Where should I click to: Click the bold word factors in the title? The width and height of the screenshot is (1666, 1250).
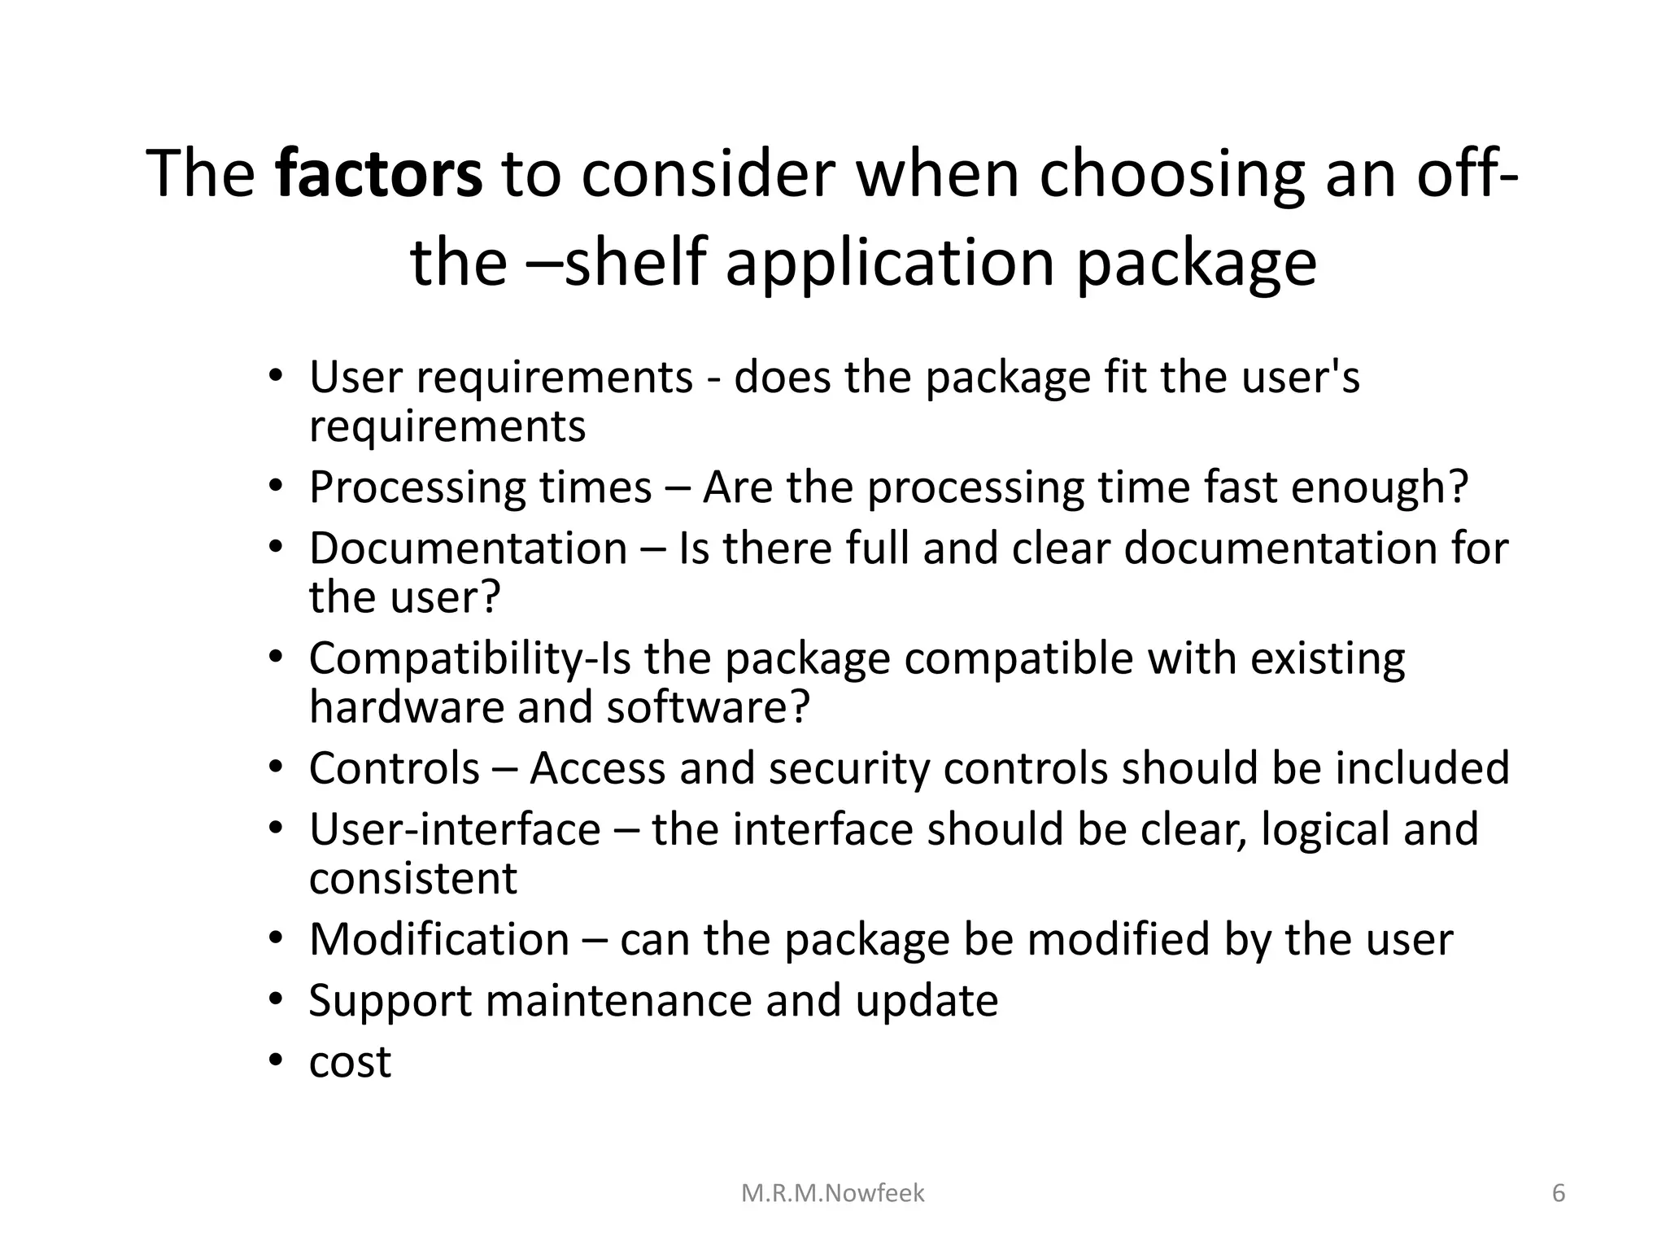coord(378,173)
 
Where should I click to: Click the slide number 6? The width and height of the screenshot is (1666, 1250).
coord(1559,1193)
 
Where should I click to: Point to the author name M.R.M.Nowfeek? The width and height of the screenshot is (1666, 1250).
coord(833,1193)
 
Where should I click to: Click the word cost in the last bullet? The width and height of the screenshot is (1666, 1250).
coord(350,1061)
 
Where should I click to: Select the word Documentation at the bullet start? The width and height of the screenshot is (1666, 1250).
coord(468,548)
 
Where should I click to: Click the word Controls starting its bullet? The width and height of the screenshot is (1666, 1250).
coord(394,767)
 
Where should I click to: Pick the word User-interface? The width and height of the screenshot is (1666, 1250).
coord(455,829)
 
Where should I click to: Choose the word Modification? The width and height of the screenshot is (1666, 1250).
coord(439,939)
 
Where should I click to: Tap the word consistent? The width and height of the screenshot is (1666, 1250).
coord(412,878)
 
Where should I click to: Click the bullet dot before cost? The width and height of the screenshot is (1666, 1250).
coord(277,1061)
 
